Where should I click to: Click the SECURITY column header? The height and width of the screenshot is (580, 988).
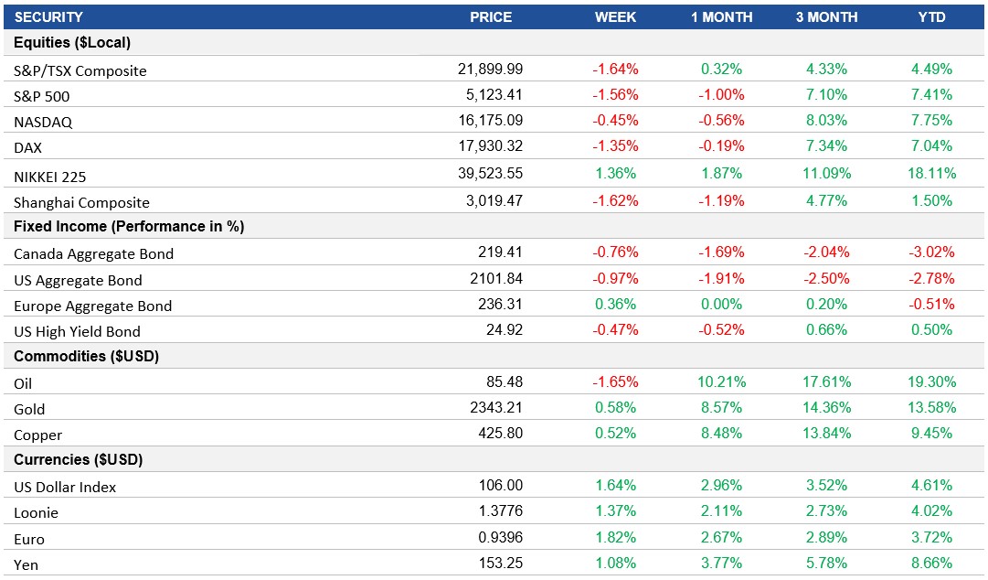(x=48, y=17)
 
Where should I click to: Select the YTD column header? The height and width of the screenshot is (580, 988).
(x=931, y=17)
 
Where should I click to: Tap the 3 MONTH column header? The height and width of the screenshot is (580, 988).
(x=826, y=17)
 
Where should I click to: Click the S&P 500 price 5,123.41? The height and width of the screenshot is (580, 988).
(x=490, y=94)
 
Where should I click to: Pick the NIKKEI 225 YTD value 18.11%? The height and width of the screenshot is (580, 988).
(x=931, y=174)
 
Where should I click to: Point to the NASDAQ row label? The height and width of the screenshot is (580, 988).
(x=43, y=122)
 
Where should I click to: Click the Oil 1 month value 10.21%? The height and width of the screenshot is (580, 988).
(x=721, y=381)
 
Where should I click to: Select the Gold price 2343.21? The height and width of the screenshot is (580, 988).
(x=494, y=407)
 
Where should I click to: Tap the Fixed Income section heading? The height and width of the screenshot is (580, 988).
(x=129, y=227)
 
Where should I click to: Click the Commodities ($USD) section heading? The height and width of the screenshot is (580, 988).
(x=87, y=357)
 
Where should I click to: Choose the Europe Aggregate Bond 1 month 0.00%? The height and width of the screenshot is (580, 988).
(x=721, y=304)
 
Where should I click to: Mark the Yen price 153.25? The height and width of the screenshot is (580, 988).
(x=499, y=563)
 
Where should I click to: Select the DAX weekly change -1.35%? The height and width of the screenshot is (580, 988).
(x=615, y=145)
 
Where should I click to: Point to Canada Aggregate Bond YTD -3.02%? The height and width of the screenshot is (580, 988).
(x=931, y=252)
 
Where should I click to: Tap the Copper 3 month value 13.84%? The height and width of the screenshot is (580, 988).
(x=826, y=433)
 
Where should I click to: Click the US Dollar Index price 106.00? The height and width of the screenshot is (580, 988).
(x=499, y=485)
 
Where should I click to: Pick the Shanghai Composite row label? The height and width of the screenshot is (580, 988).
(x=81, y=202)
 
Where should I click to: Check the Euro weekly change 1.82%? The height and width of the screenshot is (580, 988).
(x=615, y=537)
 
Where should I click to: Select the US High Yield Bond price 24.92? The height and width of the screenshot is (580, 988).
(x=504, y=329)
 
